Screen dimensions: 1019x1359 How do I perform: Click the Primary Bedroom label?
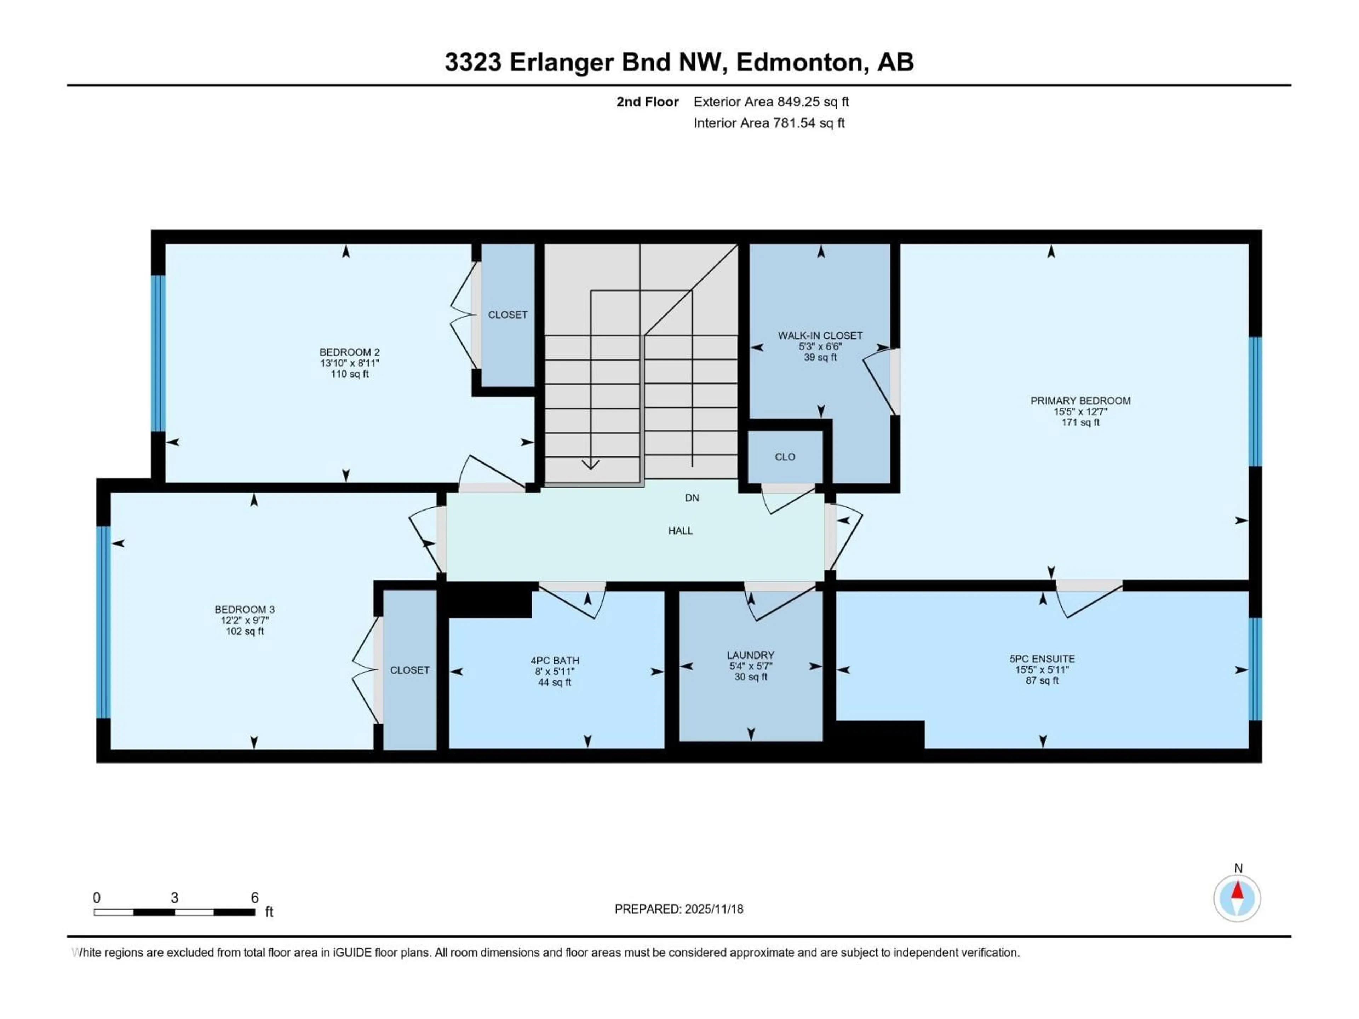pos(1080,401)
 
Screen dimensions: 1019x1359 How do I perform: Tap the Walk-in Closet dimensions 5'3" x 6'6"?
pos(820,346)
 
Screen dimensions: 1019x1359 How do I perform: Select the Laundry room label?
pos(750,655)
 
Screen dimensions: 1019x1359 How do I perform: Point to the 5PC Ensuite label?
pos(1042,658)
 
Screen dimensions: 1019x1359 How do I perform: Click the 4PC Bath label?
pos(555,660)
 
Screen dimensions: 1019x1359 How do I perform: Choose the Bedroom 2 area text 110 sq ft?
pos(350,374)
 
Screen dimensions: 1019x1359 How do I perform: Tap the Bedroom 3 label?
pos(245,609)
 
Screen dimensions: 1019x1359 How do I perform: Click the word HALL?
pos(680,531)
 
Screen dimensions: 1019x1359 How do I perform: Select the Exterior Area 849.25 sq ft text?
pos(771,102)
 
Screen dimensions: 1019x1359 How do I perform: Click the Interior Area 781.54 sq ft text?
pos(769,123)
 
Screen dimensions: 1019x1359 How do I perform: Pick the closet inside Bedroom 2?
pos(508,315)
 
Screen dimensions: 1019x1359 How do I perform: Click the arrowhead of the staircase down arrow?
pos(590,465)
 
